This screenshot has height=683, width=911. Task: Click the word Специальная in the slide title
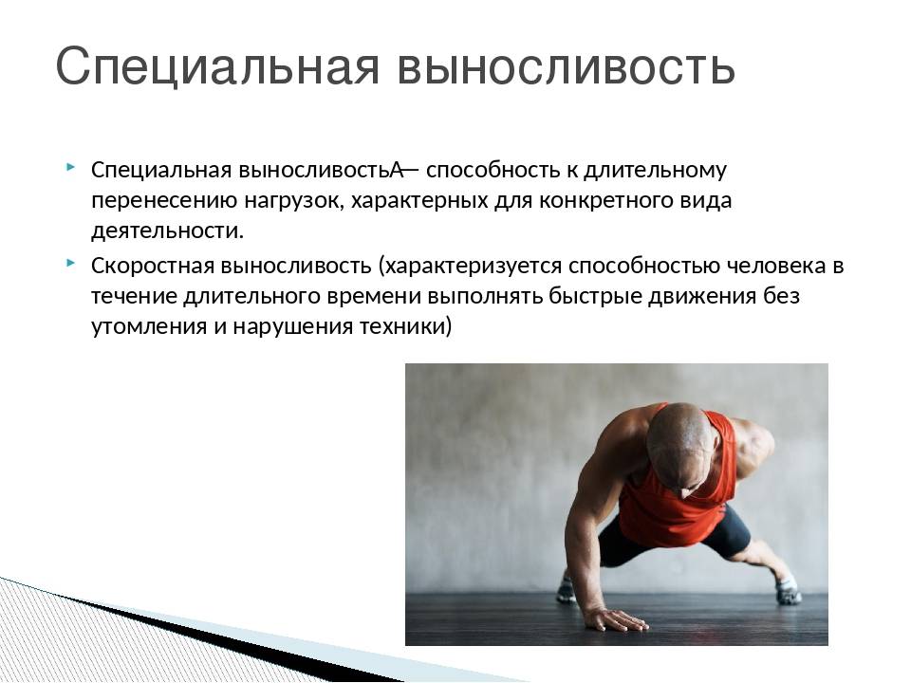coord(218,65)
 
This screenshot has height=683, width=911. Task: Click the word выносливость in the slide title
coord(567,65)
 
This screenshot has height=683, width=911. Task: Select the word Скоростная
coord(153,266)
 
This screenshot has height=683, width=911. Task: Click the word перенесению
coord(164,201)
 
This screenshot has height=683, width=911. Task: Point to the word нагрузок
coord(294,201)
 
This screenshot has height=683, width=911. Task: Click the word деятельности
coord(167,231)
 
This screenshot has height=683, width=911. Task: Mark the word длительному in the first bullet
coord(655,171)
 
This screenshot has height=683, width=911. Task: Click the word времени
coord(374,296)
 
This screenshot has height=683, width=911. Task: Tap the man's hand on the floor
coord(615,619)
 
